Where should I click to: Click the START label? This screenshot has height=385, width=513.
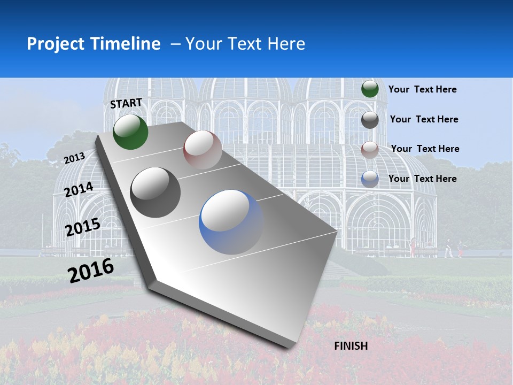(126, 103)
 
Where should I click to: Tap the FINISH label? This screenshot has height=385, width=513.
(351, 346)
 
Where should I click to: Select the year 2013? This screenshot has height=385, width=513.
(75, 158)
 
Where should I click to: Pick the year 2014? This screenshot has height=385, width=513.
(79, 190)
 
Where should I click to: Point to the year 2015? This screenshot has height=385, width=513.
(83, 227)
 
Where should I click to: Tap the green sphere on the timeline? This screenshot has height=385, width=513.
(130, 132)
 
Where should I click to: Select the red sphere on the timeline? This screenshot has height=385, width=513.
(203, 150)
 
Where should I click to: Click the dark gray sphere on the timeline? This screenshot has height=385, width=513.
(156, 192)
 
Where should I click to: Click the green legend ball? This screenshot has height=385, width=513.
(370, 89)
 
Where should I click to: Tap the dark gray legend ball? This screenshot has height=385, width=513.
(370, 120)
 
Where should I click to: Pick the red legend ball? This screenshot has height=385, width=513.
(370, 150)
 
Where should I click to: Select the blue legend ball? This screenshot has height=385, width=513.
(370, 179)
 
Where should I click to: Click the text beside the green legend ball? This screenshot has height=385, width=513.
(422, 89)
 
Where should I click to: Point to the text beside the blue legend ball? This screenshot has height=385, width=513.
(422, 179)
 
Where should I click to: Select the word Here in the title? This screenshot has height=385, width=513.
(286, 44)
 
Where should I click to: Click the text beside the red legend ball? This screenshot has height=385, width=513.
(425, 149)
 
